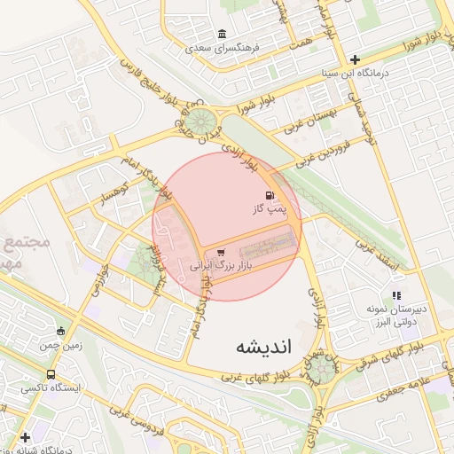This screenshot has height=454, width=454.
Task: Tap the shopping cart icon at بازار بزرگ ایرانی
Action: coord(221,252)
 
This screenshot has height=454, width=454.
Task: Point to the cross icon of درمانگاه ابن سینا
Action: coord(356,59)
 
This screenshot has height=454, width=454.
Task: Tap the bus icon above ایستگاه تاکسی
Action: coord(51,374)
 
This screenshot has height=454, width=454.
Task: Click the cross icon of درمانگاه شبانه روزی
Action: coord(25,437)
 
